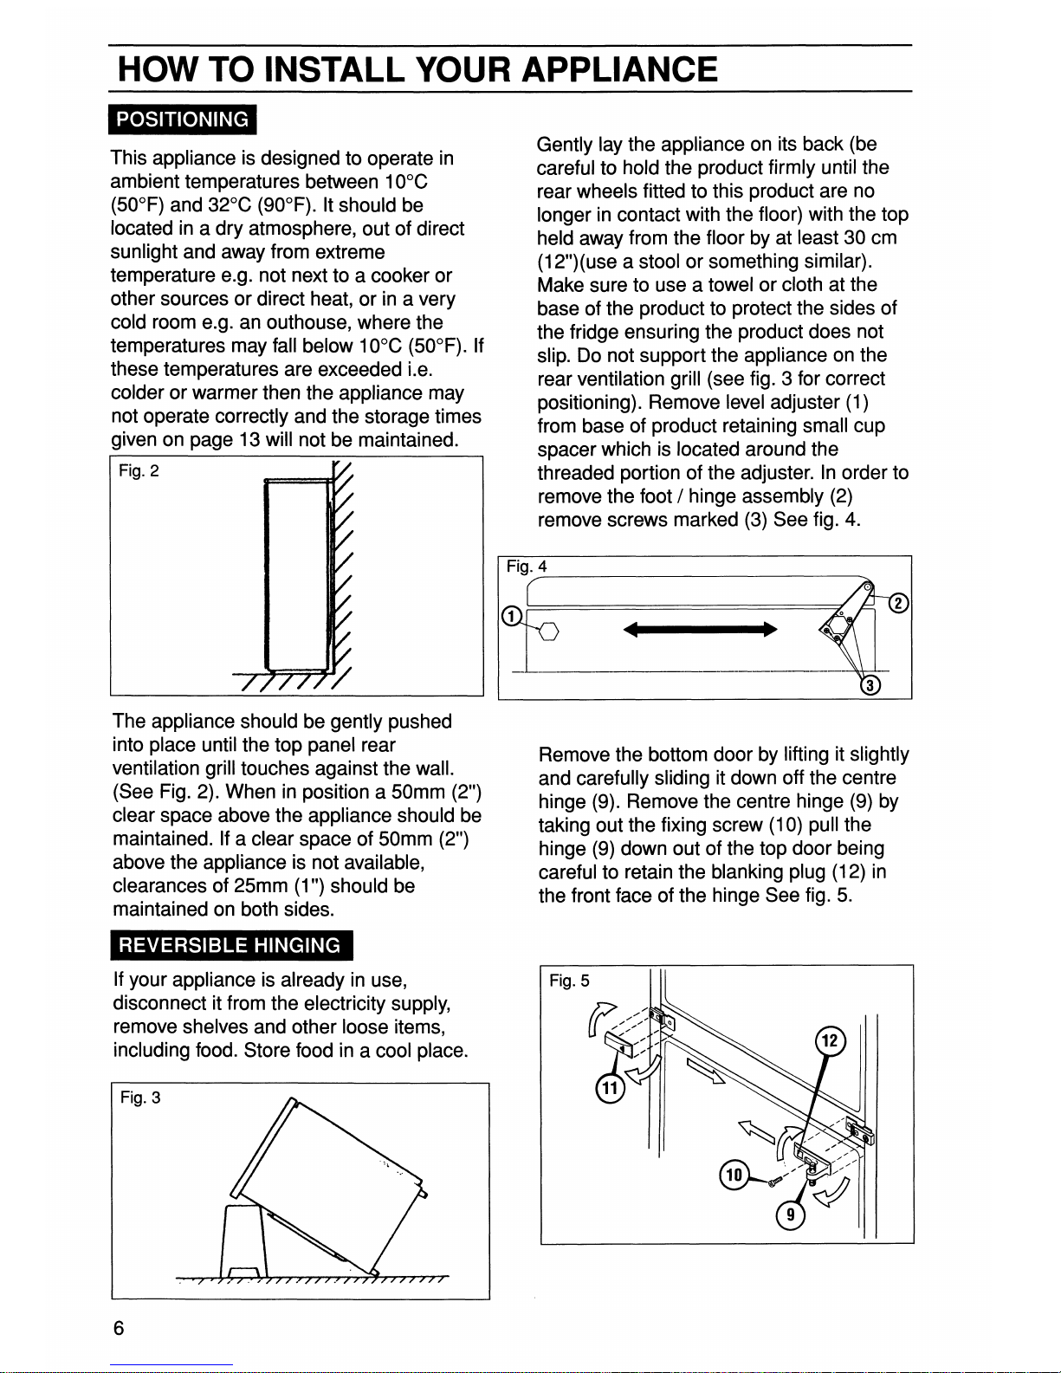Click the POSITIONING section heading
[183, 120]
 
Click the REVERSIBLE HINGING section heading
[231, 945]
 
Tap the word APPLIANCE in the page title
[619, 69]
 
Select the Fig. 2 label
[139, 470]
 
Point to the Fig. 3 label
[140, 1098]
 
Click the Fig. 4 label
[527, 567]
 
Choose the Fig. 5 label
[569, 981]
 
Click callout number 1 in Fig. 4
[512, 615]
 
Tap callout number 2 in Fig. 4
[899, 603]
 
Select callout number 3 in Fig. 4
[870, 685]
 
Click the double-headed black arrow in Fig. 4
[700, 629]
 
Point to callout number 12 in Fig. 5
[830, 1040]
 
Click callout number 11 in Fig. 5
[610, 1087]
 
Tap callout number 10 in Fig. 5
[734, 1175]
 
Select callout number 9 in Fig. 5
[791, 1215]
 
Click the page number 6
[119, 1328]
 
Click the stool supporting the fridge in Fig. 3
[243, 1241]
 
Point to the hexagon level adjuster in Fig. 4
[549, 631]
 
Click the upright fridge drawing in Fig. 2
[298, 575]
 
